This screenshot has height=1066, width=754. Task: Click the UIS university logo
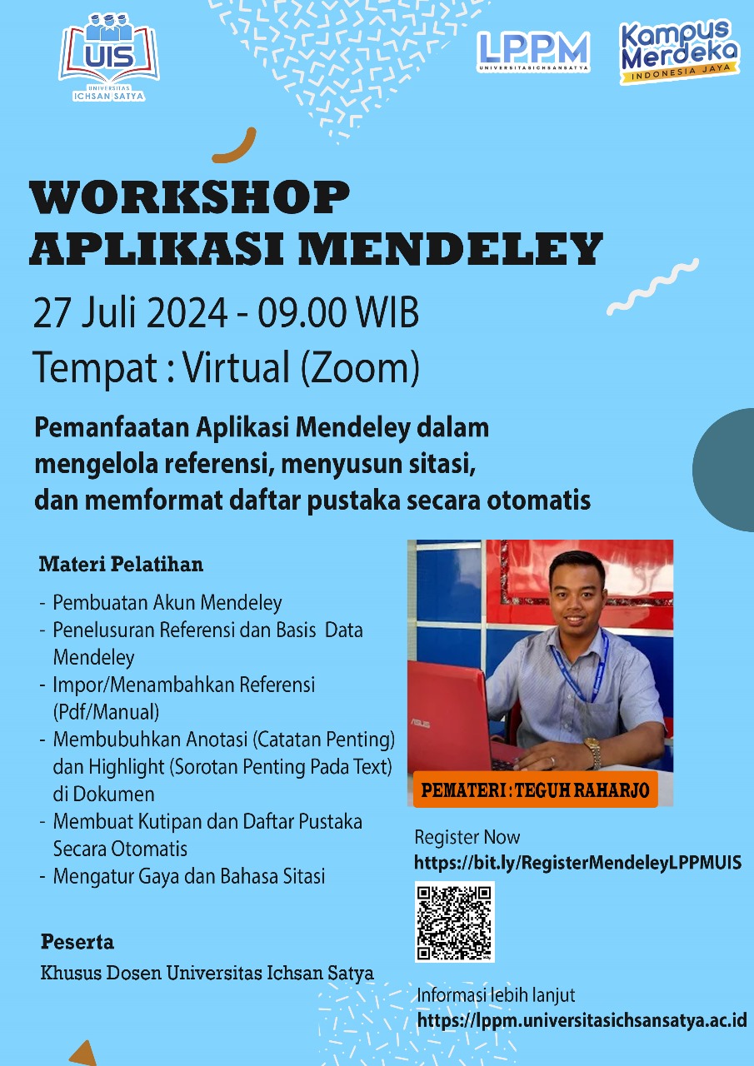click(109, 57)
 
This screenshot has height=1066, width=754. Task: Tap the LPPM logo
click(533, 52)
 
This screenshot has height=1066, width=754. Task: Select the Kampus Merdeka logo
click(680, 52)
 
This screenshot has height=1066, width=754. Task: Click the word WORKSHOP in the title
click(190, 197)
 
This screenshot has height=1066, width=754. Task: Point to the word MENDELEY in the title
click(451, 248)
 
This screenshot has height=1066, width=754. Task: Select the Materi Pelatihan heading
click(121, 565)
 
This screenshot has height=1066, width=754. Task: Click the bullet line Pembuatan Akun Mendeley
click(167, 603)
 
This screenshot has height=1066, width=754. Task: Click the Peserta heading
click(77, 942)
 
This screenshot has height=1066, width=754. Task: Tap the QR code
click(455, 922)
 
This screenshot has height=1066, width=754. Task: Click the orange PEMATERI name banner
click(536, 790)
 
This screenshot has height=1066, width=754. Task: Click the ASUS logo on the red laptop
click(422, 724)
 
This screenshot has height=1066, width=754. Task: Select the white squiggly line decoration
click(652, 286)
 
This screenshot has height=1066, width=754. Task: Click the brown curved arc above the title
click(237, 148)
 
